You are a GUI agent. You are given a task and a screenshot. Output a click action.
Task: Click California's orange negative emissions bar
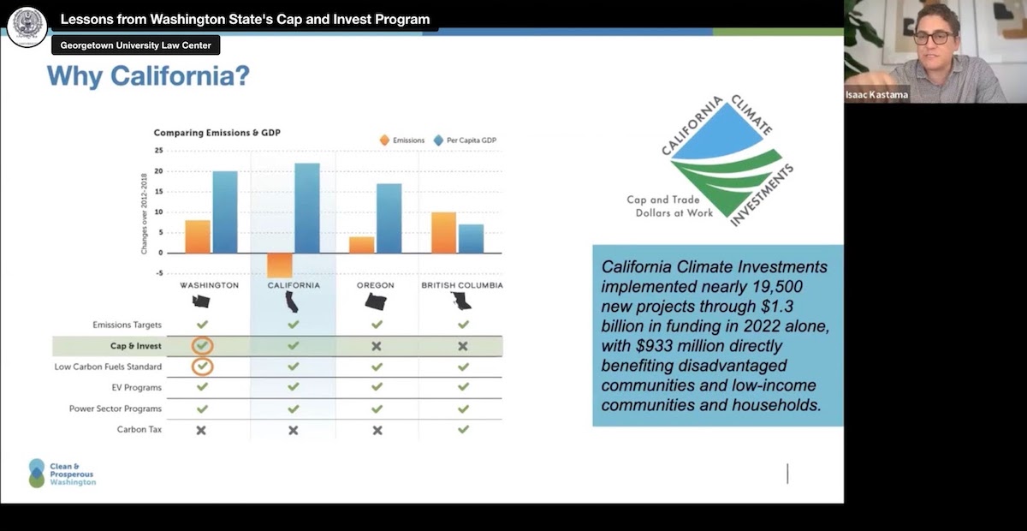coord(280,265)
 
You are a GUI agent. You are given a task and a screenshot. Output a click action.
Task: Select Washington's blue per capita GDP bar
coord(225,212)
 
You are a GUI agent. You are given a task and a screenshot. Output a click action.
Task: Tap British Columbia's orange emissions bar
coord(444,233)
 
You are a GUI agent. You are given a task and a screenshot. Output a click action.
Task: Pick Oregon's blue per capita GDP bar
coord(389,218)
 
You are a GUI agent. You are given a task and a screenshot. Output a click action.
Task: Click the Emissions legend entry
coord(402,140)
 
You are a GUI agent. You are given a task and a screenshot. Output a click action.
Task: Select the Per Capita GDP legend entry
coord(465,140)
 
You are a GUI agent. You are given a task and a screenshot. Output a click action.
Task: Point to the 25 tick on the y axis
coord(158,151)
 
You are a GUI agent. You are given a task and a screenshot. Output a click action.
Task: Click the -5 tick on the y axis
coord(159,273)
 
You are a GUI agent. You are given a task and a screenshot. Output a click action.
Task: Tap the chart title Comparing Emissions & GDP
coord(217,133)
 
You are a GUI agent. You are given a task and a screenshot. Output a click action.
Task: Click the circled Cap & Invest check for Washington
coord(202,346)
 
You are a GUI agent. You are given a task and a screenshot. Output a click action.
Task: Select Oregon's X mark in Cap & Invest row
coord(377,346)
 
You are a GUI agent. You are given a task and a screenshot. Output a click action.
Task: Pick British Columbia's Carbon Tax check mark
coord(464,429)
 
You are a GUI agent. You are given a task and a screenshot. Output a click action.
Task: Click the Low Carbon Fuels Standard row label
coord(108,367)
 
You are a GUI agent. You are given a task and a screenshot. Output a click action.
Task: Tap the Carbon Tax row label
coord(140,430)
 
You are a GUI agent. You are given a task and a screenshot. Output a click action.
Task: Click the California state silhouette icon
coord(292,301)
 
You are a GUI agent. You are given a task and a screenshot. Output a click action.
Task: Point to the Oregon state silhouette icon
coord(376,302)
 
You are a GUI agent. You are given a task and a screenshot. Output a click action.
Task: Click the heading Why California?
coord(149,76)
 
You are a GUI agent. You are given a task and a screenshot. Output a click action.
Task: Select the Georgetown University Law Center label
coord(136,45)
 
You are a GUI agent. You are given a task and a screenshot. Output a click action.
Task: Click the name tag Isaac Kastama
coord(876,95)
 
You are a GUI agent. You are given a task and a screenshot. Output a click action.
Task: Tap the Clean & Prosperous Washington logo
coord(62,473)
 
